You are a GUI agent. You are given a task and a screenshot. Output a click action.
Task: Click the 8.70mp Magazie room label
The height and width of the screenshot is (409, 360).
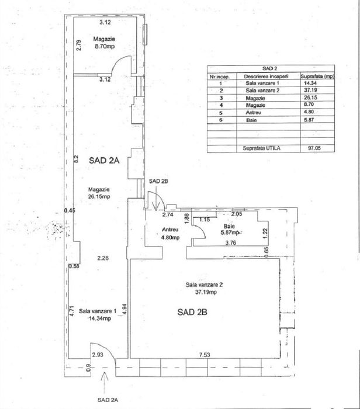click(104, 43)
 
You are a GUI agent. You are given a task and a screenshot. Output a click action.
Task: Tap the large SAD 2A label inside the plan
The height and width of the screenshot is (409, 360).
click(104, 160)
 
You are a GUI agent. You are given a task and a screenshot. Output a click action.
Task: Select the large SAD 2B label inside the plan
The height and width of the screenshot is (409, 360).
click(192, 312)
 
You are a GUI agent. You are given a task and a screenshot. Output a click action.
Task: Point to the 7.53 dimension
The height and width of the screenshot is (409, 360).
click(205, 355)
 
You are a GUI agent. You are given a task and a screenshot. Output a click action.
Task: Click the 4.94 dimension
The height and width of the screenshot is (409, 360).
click(124, 309)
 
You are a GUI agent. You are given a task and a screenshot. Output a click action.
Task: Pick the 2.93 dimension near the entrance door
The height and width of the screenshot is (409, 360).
click(98, 355)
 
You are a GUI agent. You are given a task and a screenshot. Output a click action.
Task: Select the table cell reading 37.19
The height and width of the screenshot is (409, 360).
click(310, 90)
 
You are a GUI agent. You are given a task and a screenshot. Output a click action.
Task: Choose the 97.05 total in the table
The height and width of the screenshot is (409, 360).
click(314, 148)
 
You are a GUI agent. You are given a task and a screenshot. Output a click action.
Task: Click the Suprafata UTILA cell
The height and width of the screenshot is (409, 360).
click(262, 148)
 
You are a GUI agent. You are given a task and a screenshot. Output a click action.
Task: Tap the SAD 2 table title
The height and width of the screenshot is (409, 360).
click(270, 68)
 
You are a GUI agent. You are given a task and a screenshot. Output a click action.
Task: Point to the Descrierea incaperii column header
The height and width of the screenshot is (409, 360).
click(266, 77)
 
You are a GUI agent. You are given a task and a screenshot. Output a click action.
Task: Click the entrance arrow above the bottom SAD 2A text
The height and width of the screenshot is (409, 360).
click(105, 383)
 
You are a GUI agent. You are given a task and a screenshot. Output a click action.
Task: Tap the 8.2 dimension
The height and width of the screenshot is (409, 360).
click(76, 158)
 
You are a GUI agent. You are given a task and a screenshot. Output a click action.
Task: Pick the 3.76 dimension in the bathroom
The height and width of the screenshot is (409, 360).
click(231, 243)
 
